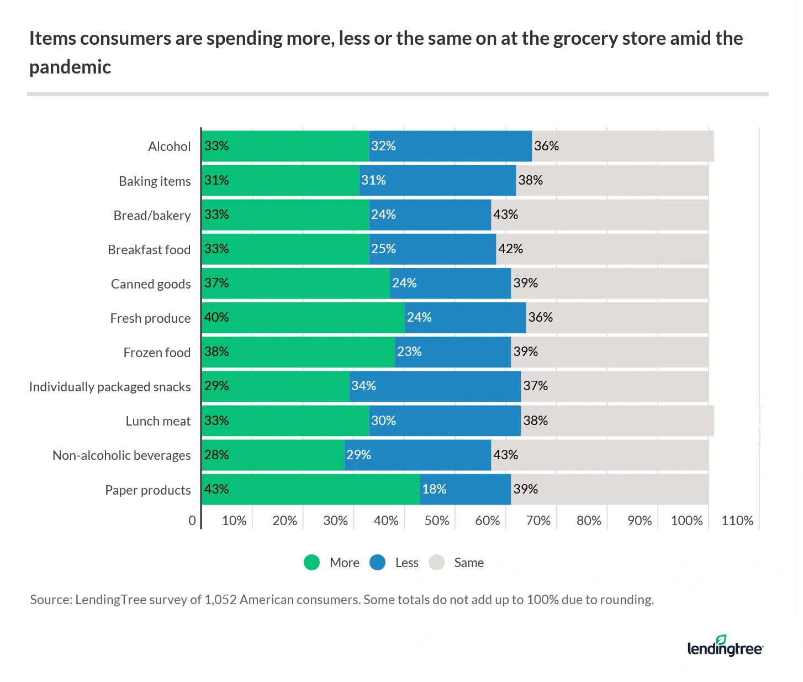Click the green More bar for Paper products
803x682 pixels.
pos(310,489)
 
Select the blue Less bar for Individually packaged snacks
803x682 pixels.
pos(435,386)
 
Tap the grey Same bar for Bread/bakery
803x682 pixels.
pos(599,215)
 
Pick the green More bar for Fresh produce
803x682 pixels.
pos(303,318)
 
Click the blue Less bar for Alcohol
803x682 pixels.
pos(450,146)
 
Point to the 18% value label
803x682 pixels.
pos(434,489)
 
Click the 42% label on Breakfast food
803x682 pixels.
pos(510,249)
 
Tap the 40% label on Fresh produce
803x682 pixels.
pos(216,317)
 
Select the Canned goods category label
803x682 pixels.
pos(151,284)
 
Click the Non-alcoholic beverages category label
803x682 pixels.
pos(121,455)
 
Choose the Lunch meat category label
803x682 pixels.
pos(158,421)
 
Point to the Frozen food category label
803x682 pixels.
pos(157,353)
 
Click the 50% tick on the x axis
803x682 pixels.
pos(436,521)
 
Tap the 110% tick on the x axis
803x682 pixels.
pos(737,521)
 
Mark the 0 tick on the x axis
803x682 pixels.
pos(192,521)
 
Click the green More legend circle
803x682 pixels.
pos(312,563)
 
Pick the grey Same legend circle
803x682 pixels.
pos(437,563)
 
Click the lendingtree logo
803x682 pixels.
pos(725,646)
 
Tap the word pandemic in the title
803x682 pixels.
pos(70,67)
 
